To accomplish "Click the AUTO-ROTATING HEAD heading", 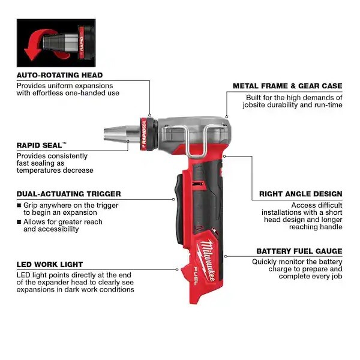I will click(59, 75).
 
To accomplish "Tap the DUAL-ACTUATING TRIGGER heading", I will click(68, 194).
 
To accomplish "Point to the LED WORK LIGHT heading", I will click(50, 264).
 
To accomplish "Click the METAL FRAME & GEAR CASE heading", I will click(287, 86).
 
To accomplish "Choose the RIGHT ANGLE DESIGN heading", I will click(301, 194).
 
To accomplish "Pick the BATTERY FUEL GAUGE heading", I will click(299, 251).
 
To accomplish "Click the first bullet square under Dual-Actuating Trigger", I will click(19, 205).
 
